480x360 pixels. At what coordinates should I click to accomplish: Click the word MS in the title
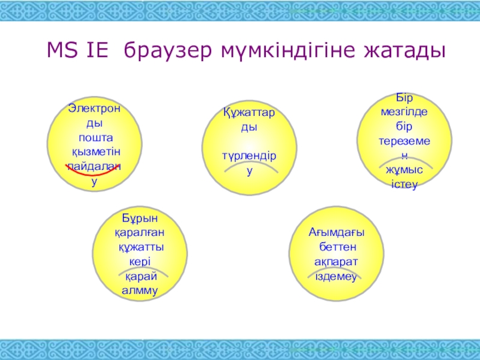click(x=62, y=50)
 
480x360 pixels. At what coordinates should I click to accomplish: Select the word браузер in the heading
click(x=168, y=51)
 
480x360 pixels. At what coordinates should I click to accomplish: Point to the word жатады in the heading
click(x=404, y=51)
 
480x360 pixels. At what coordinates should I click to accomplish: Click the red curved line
click(x=92, y=172)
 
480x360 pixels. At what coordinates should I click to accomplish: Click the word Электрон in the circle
click(x=94, y=109)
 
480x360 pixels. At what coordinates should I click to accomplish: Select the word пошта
click(x=96, y=138)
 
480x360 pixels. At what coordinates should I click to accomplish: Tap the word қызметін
click(x=96, y=152)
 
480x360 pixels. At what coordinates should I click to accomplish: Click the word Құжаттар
click(x=249, y=113)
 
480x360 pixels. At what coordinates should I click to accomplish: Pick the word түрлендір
click(x=249, y=156)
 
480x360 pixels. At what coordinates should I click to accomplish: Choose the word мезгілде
click(x=404, y=112)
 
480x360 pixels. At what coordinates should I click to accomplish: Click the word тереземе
click(x=404, y=141)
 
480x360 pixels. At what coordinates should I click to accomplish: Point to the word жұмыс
click(x=404, y=170)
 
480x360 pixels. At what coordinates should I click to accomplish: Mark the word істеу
click(x=404, y=185)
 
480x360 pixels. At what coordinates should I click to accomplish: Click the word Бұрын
click(x=140, y=218)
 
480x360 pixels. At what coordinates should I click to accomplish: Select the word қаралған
click(x=140, y=233)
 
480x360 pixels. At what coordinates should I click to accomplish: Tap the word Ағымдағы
click(x=337, y=233)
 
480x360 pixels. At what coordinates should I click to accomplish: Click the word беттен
click(x=338, y=247)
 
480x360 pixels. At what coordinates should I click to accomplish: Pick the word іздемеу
click(x=336, y=277)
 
